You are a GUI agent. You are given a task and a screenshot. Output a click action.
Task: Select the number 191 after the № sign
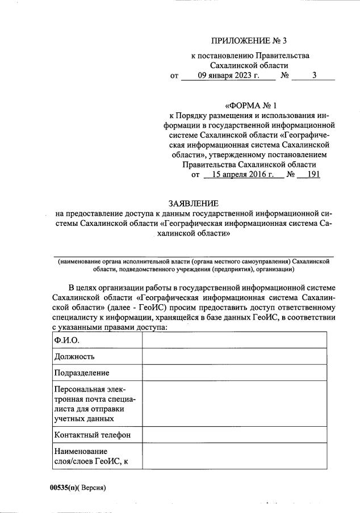tap(313, 175)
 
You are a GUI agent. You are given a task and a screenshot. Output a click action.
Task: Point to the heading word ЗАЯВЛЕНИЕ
tap(192, 203)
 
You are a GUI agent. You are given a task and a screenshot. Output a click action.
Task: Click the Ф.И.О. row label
tap(66, 340)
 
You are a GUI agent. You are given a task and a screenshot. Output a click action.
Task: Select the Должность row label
tap(74, 356)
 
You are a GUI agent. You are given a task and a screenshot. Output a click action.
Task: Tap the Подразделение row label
tap(82, 373)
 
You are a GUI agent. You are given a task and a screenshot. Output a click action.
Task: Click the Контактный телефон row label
tap(93, 435)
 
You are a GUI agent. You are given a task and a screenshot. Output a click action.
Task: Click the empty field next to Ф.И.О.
tap(234, 340)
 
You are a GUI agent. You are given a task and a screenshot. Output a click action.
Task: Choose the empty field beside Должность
tap(234, 356)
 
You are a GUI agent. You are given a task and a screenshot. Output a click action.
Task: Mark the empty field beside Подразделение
tap(234, 373)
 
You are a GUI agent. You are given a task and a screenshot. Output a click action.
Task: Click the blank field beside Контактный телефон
tap(234, 435)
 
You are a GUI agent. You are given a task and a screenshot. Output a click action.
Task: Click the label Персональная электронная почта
tap(94, 404)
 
